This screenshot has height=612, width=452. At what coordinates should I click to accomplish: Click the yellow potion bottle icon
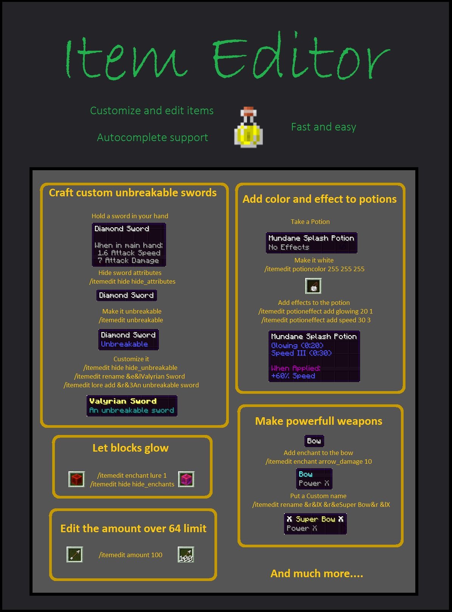249,128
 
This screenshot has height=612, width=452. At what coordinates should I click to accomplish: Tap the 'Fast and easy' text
323,127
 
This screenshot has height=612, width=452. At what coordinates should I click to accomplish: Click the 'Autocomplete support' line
152,137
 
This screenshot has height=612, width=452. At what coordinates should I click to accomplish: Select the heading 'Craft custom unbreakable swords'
133,193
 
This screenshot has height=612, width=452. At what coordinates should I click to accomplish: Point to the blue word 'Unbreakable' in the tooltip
124,344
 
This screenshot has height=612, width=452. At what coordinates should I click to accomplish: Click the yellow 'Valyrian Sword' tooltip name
123,401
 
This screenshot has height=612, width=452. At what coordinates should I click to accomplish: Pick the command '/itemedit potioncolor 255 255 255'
314,269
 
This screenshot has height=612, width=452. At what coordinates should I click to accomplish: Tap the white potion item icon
313,286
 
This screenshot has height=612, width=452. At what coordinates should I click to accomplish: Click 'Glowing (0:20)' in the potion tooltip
297,345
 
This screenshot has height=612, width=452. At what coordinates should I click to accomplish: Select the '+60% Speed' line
293,376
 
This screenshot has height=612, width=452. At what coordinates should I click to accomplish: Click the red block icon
76,479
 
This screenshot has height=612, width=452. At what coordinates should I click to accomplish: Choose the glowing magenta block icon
186,479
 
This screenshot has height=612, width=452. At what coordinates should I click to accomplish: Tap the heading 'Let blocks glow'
130,448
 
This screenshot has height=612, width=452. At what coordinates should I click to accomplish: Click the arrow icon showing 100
186,555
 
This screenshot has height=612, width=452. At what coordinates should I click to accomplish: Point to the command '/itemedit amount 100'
130,555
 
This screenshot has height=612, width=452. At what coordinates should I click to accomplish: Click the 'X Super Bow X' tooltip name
315,519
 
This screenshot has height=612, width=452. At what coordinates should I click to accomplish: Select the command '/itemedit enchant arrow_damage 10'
318,461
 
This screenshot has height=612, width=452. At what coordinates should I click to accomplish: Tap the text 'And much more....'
317,574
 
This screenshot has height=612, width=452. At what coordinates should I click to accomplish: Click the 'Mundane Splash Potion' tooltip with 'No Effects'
311,242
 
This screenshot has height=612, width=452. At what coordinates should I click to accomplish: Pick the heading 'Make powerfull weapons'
318,421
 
